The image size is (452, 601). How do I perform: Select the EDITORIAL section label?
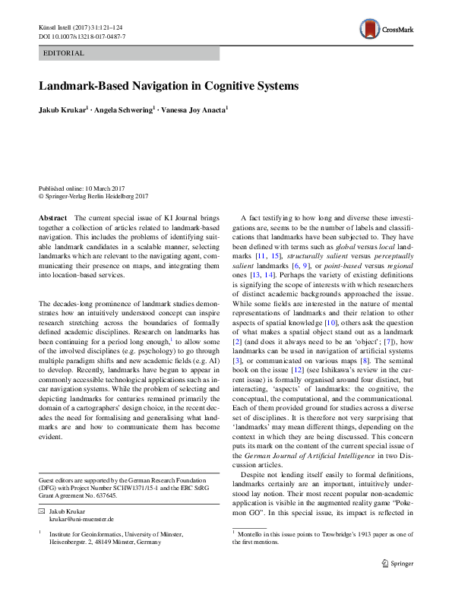pos(64,53)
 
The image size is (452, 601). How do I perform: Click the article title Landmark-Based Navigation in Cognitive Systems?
pos(169,86)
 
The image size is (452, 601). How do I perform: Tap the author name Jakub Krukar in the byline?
pos(63,110)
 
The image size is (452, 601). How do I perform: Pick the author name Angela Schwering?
pos(128,110)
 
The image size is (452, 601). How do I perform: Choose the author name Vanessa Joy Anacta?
pos(194,110)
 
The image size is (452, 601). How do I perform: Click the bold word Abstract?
pos(52,217)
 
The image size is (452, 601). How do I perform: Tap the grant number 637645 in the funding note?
pos(104,495)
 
